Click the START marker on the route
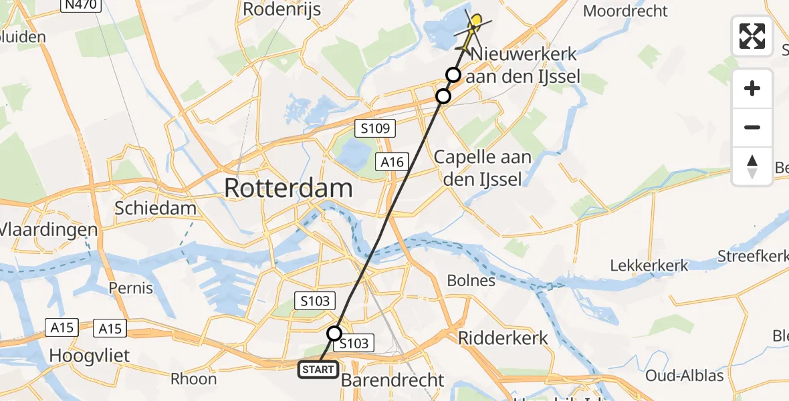tap(318, 369)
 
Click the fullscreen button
tap(752, 35)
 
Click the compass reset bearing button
tap(752, 166)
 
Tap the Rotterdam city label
tap(288, 188)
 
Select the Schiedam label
tap(156, 208)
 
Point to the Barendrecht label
tap(392, 380)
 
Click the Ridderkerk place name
tap(503, 338)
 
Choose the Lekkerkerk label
tap(649, 265)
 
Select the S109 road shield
tap(375, 127)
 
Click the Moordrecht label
tap(625, 11)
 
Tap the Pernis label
tap(131, 289)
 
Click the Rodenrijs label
tap(281, 9)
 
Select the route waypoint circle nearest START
tap(334, 333)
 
